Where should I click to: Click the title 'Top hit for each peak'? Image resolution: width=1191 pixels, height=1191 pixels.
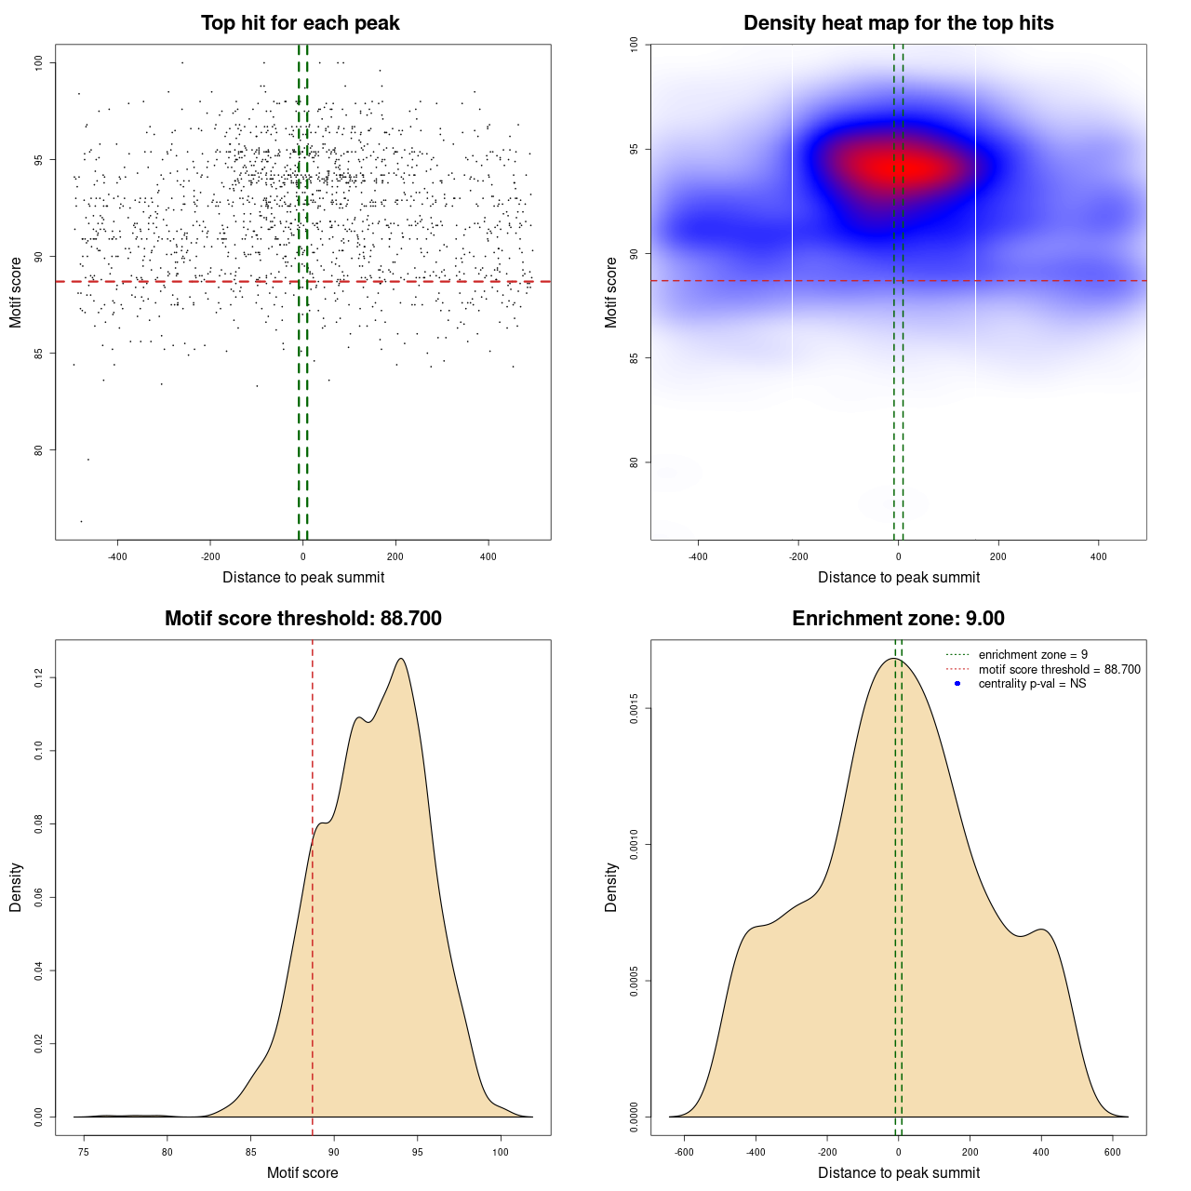pyautogui.click(x=300, y=23)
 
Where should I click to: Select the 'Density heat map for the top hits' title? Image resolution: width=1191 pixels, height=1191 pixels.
pyautogui.click(x=898, y=23)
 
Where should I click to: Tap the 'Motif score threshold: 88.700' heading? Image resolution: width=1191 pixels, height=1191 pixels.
pyautogui.click(x=302, y=619)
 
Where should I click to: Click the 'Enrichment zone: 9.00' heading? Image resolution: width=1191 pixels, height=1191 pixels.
pyautogui.click(x=898, y=619)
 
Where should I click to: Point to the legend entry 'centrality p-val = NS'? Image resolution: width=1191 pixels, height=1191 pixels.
pyautogui.click(x=1032, y=684)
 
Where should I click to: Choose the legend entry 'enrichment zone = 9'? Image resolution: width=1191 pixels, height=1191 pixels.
pyautogui.click(x=1033, y=655)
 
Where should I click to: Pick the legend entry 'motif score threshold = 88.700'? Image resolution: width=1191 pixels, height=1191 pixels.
pyautogui.click(x=1059, y=670)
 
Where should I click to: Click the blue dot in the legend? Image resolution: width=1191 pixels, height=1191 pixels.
pyautogui.click(x=957, y=684)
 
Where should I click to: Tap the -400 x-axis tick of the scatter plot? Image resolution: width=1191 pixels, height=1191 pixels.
pyautogui.click(x=117, y=557)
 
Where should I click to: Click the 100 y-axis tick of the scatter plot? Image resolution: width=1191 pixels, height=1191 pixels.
pyautogui.click(x=38, y=62)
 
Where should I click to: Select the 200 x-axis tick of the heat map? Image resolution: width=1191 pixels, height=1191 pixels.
pyautogui.click(x=998, y=557)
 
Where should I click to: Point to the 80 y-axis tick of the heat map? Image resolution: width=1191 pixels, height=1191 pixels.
pyautogui.click(x=634, y=462)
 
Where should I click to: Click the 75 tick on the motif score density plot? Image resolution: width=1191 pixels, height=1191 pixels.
pyautogui.click(x=84, y=1153)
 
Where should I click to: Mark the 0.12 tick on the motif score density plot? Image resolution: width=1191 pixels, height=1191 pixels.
pyautogui.click(x=38, y=678)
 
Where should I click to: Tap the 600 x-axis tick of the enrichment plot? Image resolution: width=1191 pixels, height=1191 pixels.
pyautogui.click(x=1113, y=1153)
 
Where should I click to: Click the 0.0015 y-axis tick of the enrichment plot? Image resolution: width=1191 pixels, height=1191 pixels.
pyautogui.click(x=634, y=709)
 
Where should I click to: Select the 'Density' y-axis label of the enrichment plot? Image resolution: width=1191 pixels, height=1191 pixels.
pyautogui.click(x=611, y=887)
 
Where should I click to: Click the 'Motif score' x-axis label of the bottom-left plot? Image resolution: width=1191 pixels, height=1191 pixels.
pyautogui.click(x=302, y=1172)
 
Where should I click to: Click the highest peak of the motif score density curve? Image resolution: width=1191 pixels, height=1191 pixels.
pyautogui.click(x=401, y=659)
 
